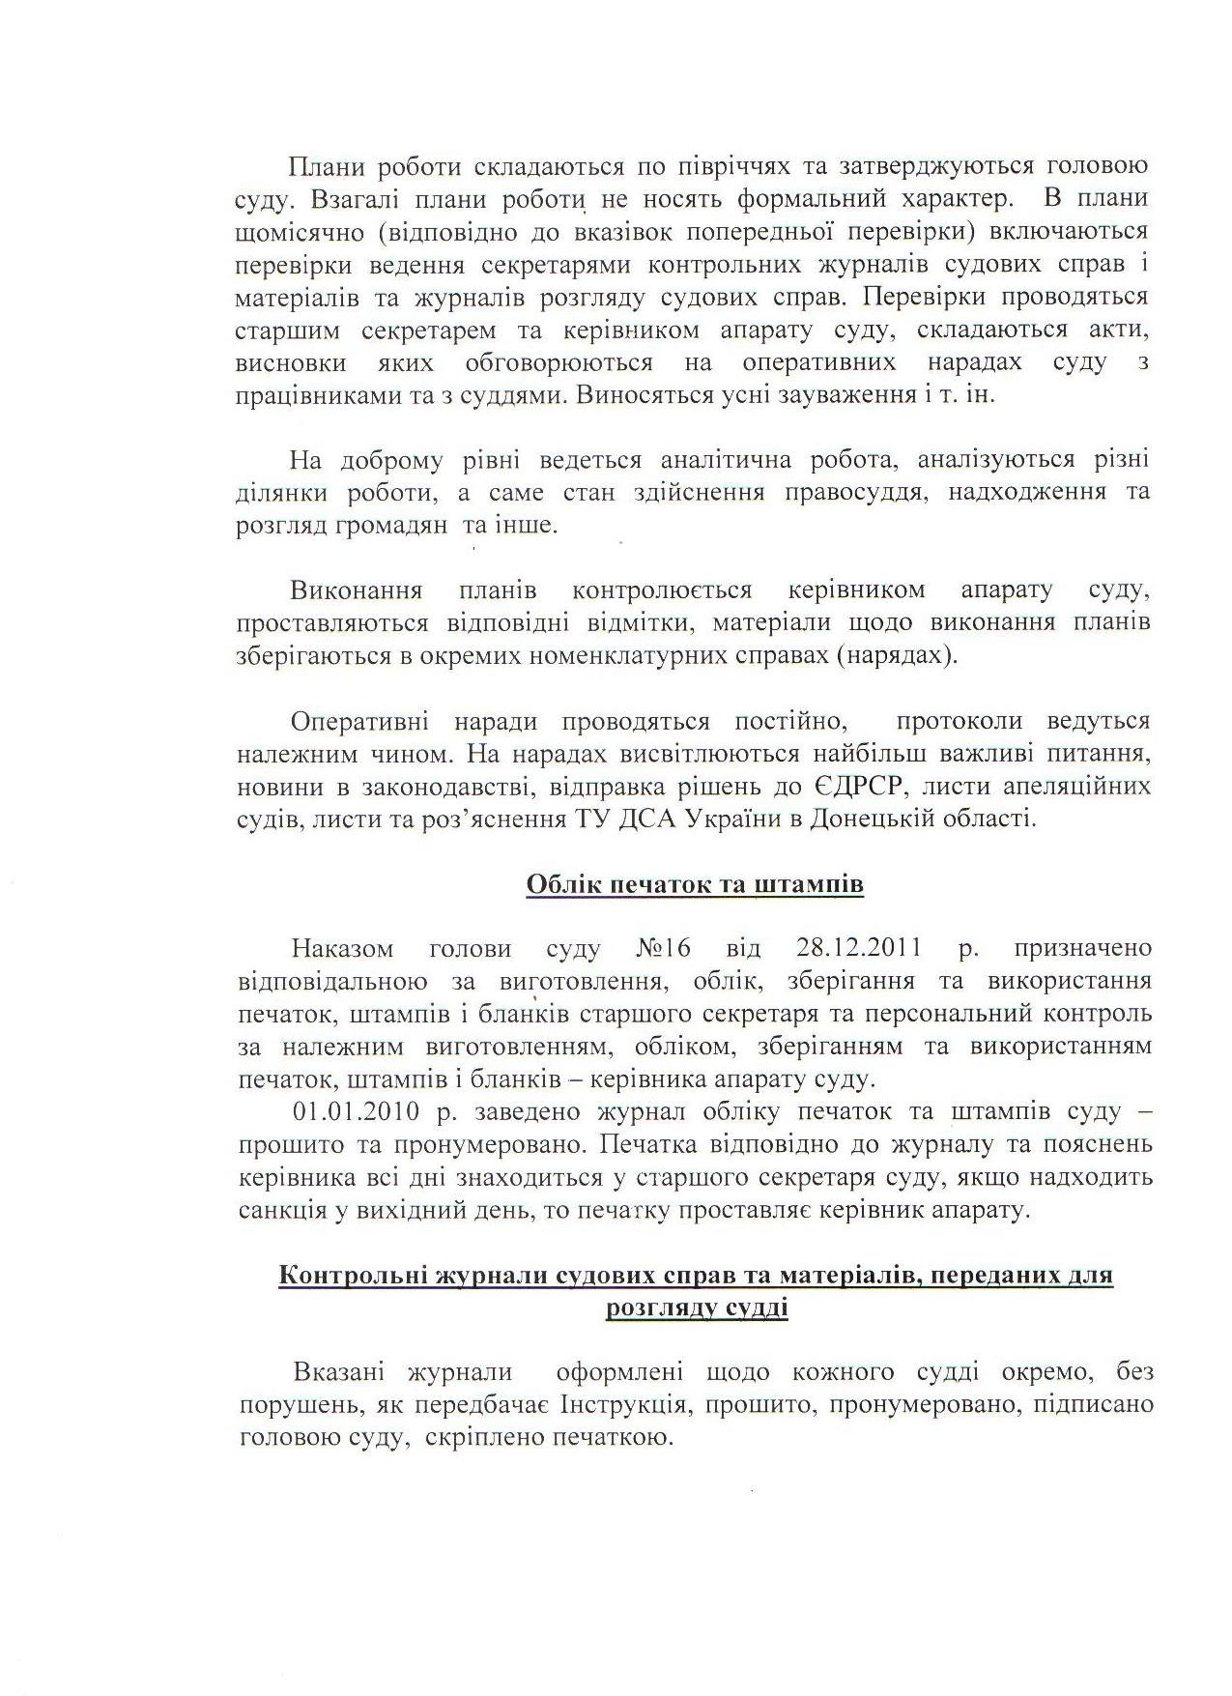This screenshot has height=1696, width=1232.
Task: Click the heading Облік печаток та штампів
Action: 695,885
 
